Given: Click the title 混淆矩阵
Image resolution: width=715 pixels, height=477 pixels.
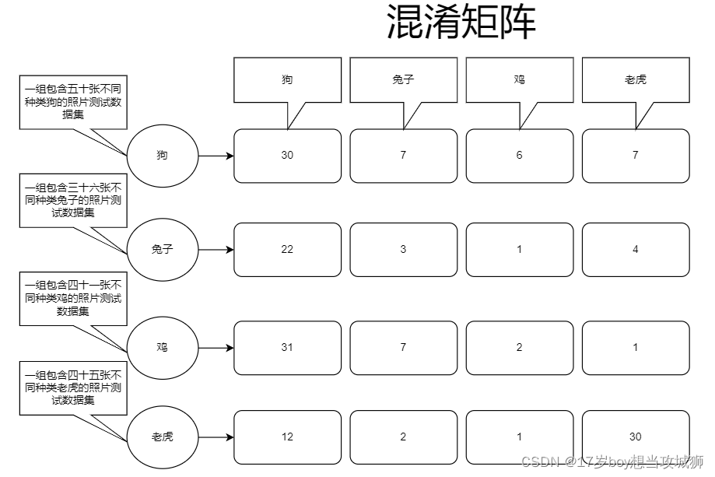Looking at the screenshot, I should point(461,23).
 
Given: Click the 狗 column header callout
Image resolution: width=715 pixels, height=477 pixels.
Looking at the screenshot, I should point(287,80).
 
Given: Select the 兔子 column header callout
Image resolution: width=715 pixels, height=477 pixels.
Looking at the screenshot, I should point(403,80).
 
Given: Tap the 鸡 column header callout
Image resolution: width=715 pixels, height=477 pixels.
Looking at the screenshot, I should point(519,80).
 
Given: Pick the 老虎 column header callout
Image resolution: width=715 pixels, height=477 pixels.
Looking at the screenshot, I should point(635,80).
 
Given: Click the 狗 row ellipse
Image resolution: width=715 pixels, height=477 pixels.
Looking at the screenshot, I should point(162,156).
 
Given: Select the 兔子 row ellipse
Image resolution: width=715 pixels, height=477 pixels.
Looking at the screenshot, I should point(162,250).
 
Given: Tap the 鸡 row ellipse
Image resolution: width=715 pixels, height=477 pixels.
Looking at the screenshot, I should point(162,347).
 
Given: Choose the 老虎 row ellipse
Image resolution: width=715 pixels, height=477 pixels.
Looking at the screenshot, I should point(162,437).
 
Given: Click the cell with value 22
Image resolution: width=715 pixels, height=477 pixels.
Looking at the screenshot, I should point(287,250).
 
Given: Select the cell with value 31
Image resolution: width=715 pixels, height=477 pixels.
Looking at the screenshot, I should point(287,347).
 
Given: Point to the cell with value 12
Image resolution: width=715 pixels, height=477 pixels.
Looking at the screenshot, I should point(287,437).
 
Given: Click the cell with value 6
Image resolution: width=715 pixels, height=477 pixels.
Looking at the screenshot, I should point(519,156).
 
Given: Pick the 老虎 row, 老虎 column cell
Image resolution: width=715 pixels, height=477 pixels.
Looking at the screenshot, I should point(635,437).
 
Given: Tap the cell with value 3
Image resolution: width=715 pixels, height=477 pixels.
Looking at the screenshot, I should point(403,250).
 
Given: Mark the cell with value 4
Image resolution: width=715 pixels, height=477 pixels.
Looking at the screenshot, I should point(635,250).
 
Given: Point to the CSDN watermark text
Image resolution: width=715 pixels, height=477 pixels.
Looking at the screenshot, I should point(612,461).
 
